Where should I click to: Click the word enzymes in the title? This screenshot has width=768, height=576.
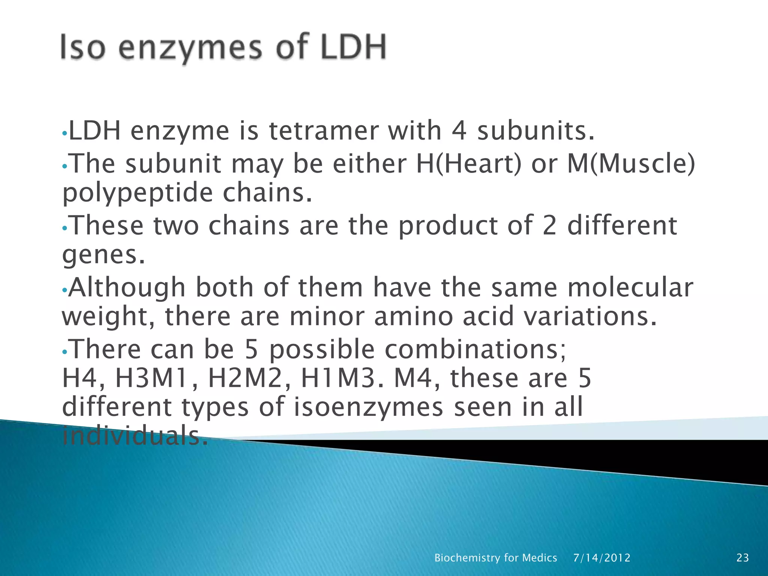pyautogui.click(x=190, y=49)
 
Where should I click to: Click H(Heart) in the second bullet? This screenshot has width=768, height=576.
pyautogui.click(x=469, y=164)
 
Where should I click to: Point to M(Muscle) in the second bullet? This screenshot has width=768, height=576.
pyautogui.click(x=631, y=164)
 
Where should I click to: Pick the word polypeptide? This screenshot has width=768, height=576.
pyautogui.click(x=137, y=193)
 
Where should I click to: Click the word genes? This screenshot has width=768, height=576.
pyautogui.click(x=103, y=255)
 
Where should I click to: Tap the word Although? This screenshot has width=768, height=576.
pyautogui.click(x=127, y=288)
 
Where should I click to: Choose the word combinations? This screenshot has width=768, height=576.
pyautogui.click(x=475, y=349)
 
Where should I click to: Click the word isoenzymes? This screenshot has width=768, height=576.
pyautogui.click(x=369, y=407)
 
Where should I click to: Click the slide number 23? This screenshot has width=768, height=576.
pyautogui.click(x=742, y=558)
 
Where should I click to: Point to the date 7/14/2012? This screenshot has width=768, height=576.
pyautogui.click(x=602, y=558)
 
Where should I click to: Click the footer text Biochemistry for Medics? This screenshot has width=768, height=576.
pyautogui.click(x=495, y=558)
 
